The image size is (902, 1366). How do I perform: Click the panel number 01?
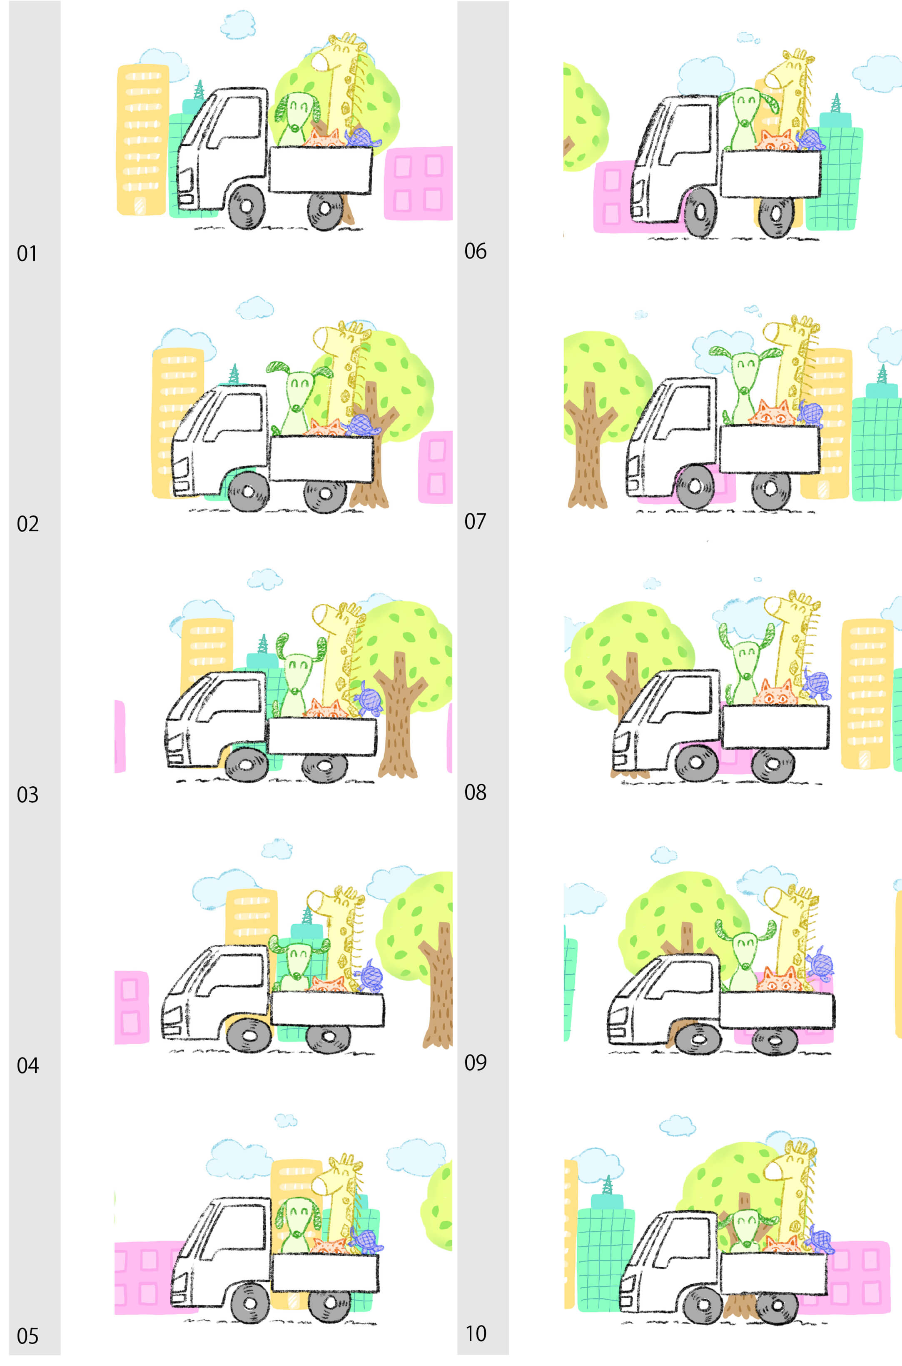[x=27, y=253]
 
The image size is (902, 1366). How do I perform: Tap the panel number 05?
[x=27, y=1336]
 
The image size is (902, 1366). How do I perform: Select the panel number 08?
[x=475, y=792]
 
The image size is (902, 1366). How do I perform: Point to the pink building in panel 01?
[x=418, y=183]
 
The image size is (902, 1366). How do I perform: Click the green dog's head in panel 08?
[x=746, y=653]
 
